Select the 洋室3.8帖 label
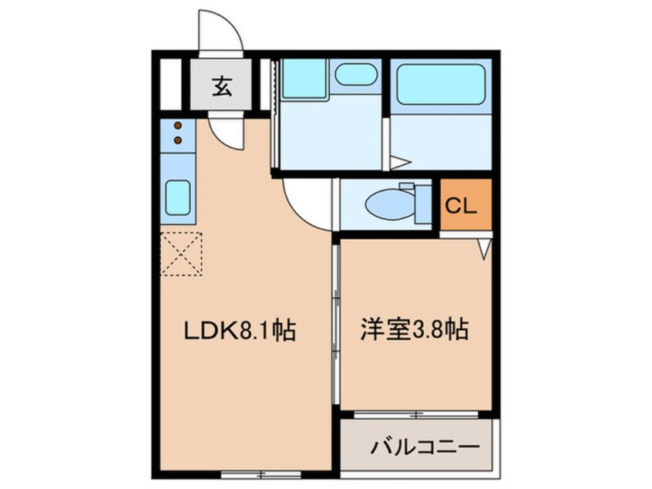414,332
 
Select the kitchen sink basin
178,198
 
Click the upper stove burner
178,126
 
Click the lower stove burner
178,140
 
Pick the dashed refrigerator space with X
181,255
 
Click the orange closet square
465,205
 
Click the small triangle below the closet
484,248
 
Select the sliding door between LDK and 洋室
336,324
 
